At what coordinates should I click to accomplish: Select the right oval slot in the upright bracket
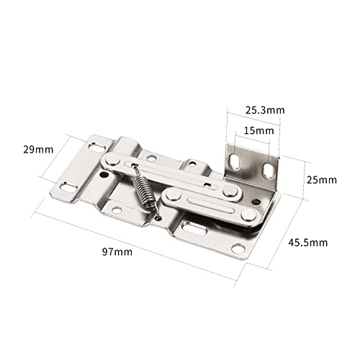(x=266, y=170)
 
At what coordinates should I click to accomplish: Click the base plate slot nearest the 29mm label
(x=97, y=148)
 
